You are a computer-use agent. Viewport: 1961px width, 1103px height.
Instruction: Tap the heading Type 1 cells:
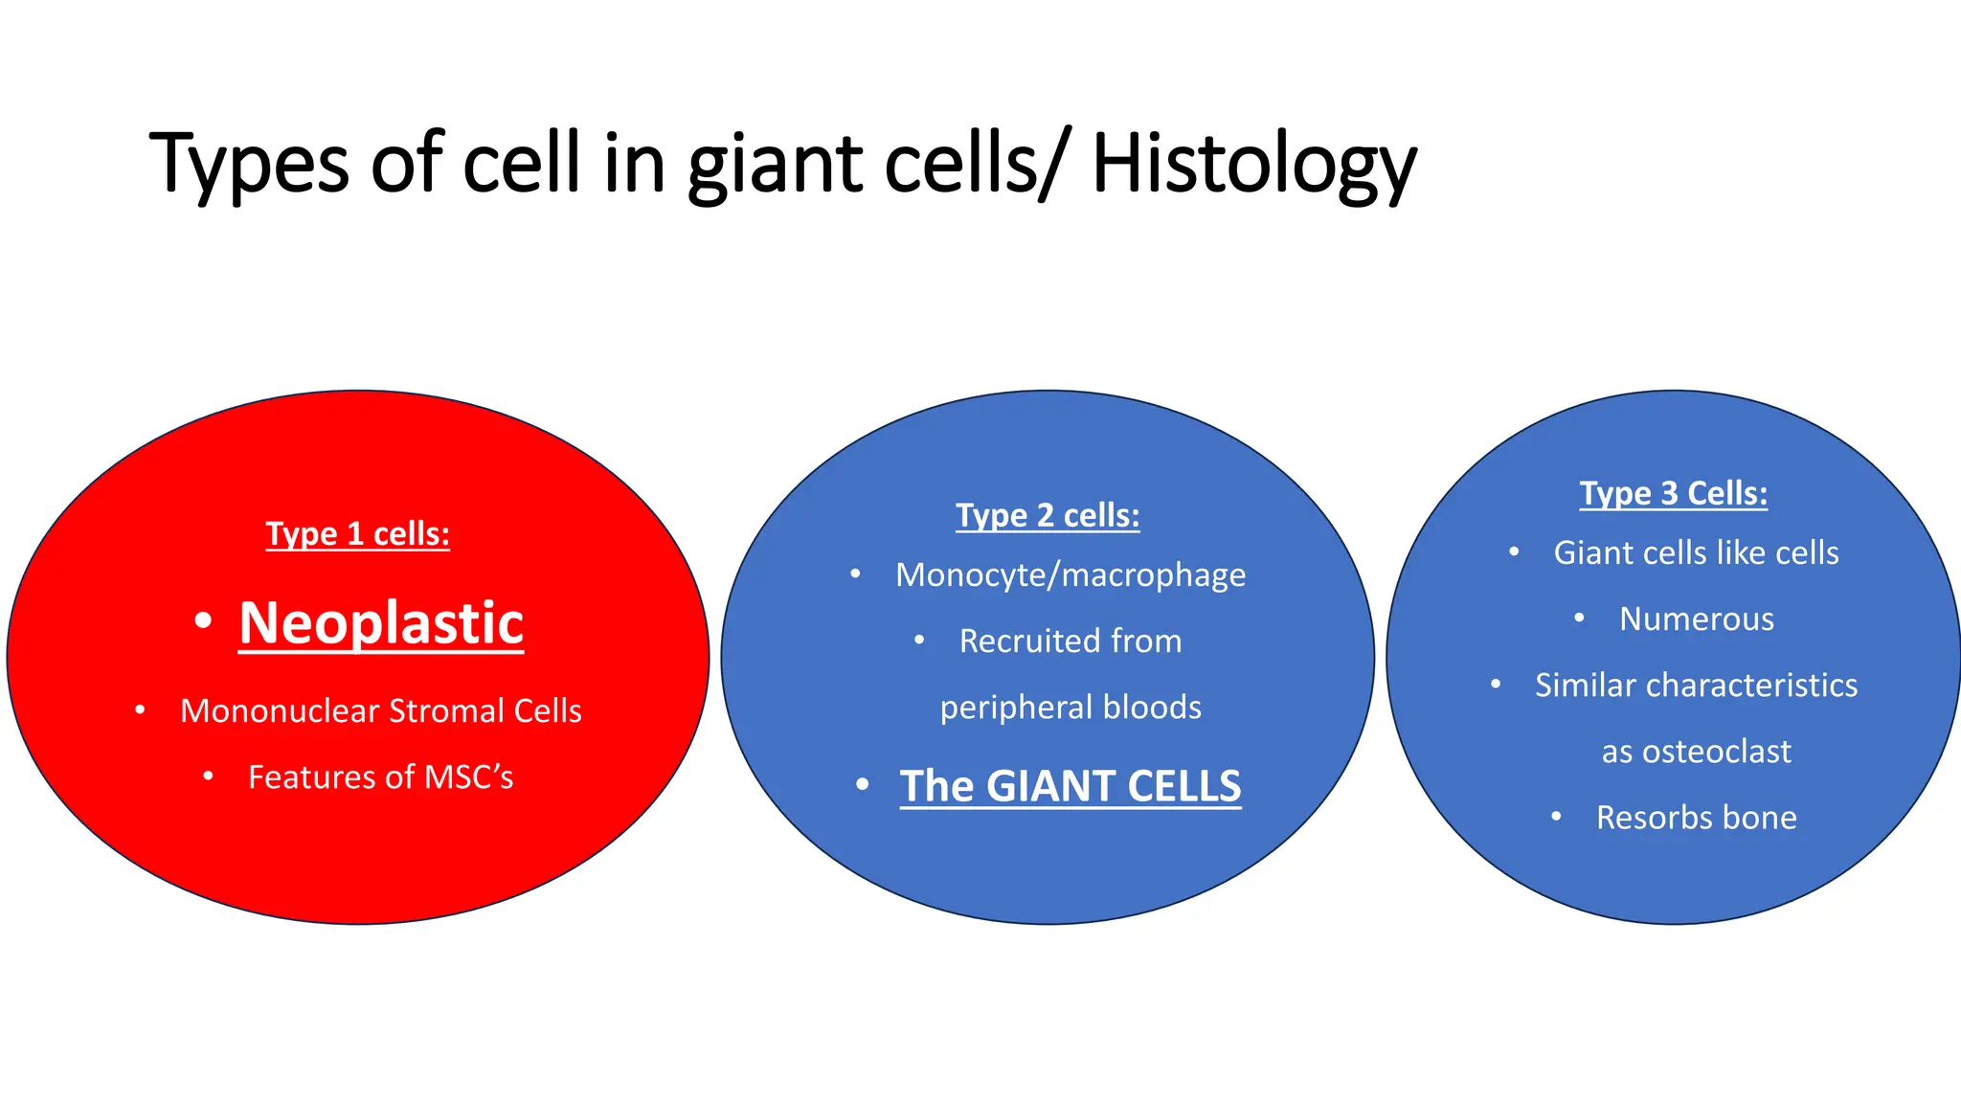click(357, 533)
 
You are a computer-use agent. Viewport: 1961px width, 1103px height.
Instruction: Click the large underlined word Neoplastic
click(381, 623)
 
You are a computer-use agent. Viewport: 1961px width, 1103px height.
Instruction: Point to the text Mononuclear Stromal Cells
click(380, 710)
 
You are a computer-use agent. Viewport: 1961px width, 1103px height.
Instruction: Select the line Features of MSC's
click(380, 777)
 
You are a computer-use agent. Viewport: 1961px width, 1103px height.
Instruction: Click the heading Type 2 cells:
click(1048, 515)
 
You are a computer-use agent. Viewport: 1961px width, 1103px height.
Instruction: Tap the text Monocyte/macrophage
click(1071, 574)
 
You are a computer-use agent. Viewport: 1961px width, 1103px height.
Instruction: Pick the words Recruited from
click(1071, 641)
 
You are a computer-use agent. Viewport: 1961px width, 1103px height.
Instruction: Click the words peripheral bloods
click(1071, 707)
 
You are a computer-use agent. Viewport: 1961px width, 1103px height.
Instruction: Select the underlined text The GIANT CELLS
click(1071, 786)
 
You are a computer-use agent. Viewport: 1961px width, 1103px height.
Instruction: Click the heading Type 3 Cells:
click(1673, 493)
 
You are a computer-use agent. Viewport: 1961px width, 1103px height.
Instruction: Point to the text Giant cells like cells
click(1696, 552)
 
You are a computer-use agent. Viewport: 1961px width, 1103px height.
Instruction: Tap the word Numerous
click(1696, 619)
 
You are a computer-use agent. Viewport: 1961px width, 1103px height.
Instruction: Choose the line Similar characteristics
click(1696, 685)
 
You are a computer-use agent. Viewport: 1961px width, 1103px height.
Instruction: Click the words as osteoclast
click(1696, 751)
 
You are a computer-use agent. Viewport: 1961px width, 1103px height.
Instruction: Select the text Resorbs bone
click(1696, 817)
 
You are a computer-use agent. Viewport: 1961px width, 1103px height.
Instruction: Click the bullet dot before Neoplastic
click(202, 621)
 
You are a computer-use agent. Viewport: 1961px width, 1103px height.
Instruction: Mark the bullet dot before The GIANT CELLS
click(862, 785)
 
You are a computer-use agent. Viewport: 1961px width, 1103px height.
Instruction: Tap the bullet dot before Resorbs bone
click(1556, 817)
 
